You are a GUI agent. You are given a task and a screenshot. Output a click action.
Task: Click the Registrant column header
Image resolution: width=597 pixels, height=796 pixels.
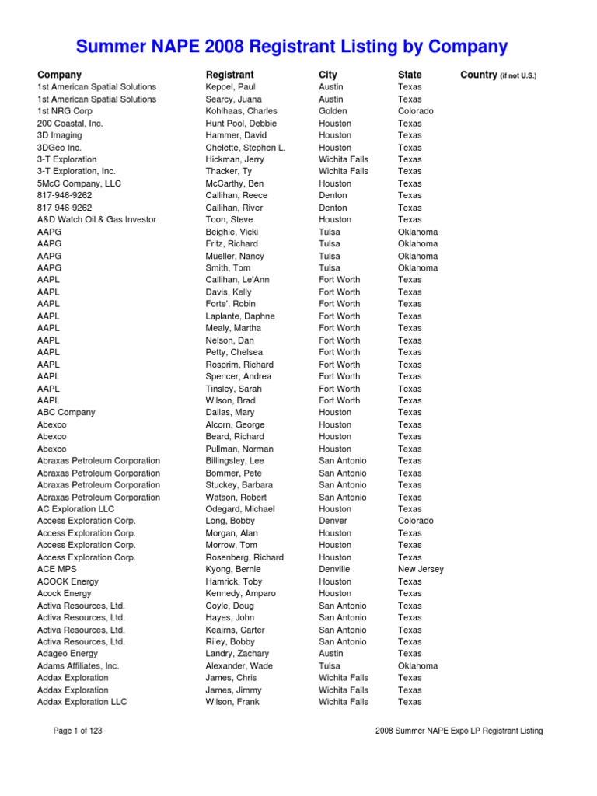pyautogui.click(x=229, y=75)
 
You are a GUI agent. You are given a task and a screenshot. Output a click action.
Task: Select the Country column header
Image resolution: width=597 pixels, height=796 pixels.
pyautogui.click(x=498, y=75)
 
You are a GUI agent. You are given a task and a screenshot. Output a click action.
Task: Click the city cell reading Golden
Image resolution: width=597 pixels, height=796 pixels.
pyautogui.click(x=333, y=111)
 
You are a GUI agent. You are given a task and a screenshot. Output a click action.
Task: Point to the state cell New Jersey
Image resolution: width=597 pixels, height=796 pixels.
pyautogui.click(x=421, y=569)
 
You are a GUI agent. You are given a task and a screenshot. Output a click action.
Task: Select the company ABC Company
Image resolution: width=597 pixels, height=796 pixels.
pyautogui.click(x=66, y=413)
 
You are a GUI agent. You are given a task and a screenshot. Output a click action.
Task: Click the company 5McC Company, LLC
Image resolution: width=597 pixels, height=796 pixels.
pyautogui.click(x=79, y=183)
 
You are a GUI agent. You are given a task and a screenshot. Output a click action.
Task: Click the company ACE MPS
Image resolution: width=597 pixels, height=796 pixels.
pyautogui.click(x=58, y=569)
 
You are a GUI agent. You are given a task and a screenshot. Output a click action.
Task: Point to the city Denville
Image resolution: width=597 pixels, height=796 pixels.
pyautogui.click(x=334, y=569)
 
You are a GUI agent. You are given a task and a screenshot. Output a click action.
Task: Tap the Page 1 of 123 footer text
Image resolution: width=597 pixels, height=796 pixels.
pyautogui.click(x=78, y=731)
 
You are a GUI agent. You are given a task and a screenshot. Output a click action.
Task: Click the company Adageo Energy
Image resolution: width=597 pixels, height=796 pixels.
pyautogui.click(x=68, y=654)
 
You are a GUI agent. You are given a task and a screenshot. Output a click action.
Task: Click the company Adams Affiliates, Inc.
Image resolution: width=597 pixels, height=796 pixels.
pyautogui.click(x=79, y=666)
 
